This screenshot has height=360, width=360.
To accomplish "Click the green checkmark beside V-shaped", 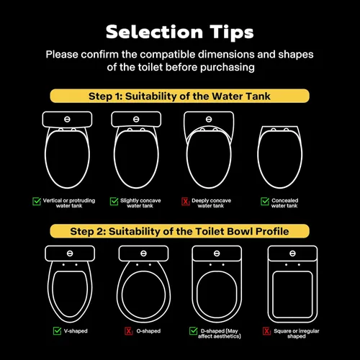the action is pos(57,331).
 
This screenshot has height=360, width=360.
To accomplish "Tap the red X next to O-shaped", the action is pos(129,331).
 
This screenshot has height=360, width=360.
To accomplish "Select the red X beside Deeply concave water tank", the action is pos(186,201).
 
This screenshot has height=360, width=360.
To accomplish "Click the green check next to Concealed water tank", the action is pos(265,201).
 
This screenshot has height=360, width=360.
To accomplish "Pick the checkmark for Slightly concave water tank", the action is pos(114,201).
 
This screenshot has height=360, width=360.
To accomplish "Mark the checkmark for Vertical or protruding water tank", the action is pos(37,201).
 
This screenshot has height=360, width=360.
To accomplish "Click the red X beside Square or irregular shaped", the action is pos(266,331).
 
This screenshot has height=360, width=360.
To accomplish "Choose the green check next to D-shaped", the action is pos(194,331).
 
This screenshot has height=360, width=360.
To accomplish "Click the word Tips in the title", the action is pos(232,32).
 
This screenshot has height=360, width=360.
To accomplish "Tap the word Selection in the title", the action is pos(154,32).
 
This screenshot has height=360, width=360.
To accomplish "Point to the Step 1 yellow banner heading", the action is pos(179,96).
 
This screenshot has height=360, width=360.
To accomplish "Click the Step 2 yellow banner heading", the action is pos(179,231).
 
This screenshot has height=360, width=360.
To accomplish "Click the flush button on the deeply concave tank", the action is pos(209,120).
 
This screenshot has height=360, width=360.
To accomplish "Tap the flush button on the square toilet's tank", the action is pos(292,253).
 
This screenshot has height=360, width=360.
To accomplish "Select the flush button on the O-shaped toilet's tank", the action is pos(143,253).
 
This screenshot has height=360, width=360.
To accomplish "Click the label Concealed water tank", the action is pos(284,203).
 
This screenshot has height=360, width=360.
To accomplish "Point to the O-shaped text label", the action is pos(148,331).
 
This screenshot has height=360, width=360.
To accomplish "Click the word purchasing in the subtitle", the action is pos(228,68).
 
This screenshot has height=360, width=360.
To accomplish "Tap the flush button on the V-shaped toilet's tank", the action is pos(70,253).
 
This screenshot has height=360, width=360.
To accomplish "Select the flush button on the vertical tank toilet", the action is pos(67,120).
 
